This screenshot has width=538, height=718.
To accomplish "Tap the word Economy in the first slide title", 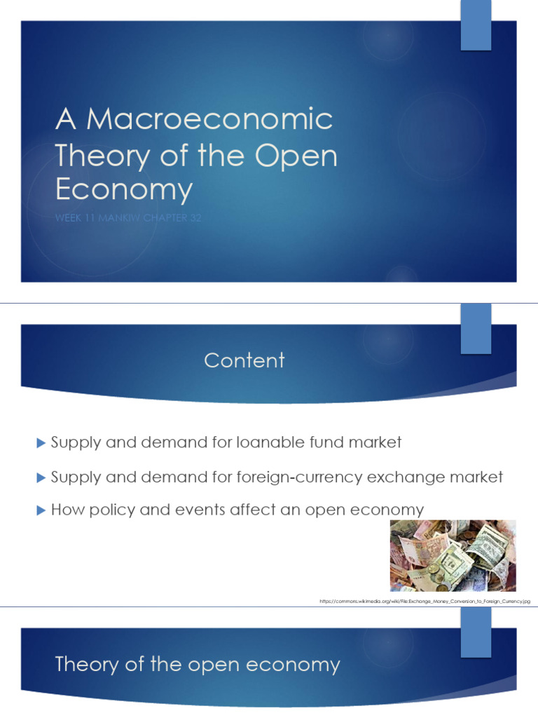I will coord(123,190).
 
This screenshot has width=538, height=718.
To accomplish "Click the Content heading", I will coord(244,360).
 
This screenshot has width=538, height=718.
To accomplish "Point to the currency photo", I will coord(453,555).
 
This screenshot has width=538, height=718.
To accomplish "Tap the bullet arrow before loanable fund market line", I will coord(40,442).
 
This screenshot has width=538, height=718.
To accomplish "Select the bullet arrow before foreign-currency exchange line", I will coord(40,477).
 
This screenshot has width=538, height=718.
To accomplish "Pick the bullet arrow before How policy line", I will coord(40,510).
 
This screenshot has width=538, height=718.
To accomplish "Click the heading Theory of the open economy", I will coord(198,665).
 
